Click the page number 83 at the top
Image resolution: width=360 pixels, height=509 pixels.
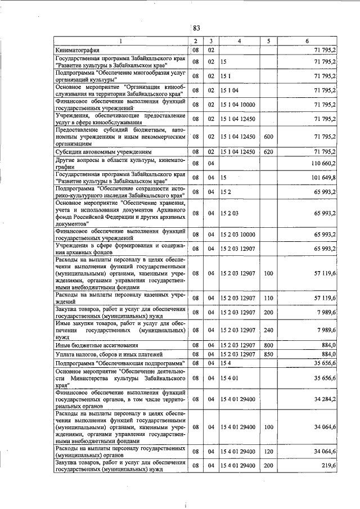[x=196, y=29]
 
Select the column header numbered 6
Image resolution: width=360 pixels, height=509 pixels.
[x=307, y=41]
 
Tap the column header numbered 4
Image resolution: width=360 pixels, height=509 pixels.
[x=239, y=41]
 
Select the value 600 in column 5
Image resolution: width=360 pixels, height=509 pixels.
[x=268, y=137]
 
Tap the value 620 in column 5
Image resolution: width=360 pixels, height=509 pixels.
[x=268, y=152]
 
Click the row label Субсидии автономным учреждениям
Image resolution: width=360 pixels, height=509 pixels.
[x=105, y=152]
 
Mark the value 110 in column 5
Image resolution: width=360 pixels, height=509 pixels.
[x=268, y=297]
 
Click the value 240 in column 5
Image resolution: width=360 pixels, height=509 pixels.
[x=268, y=330]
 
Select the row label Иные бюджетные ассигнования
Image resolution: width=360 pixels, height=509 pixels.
[x=90, y=344]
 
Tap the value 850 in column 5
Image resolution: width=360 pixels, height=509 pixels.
[x=268, y=354]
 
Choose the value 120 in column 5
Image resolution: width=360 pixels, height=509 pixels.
[x=268, y=452]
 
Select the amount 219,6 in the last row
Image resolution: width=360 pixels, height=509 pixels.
[x=327, y=466]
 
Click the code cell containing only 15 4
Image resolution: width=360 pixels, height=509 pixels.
[x=226, y=364]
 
